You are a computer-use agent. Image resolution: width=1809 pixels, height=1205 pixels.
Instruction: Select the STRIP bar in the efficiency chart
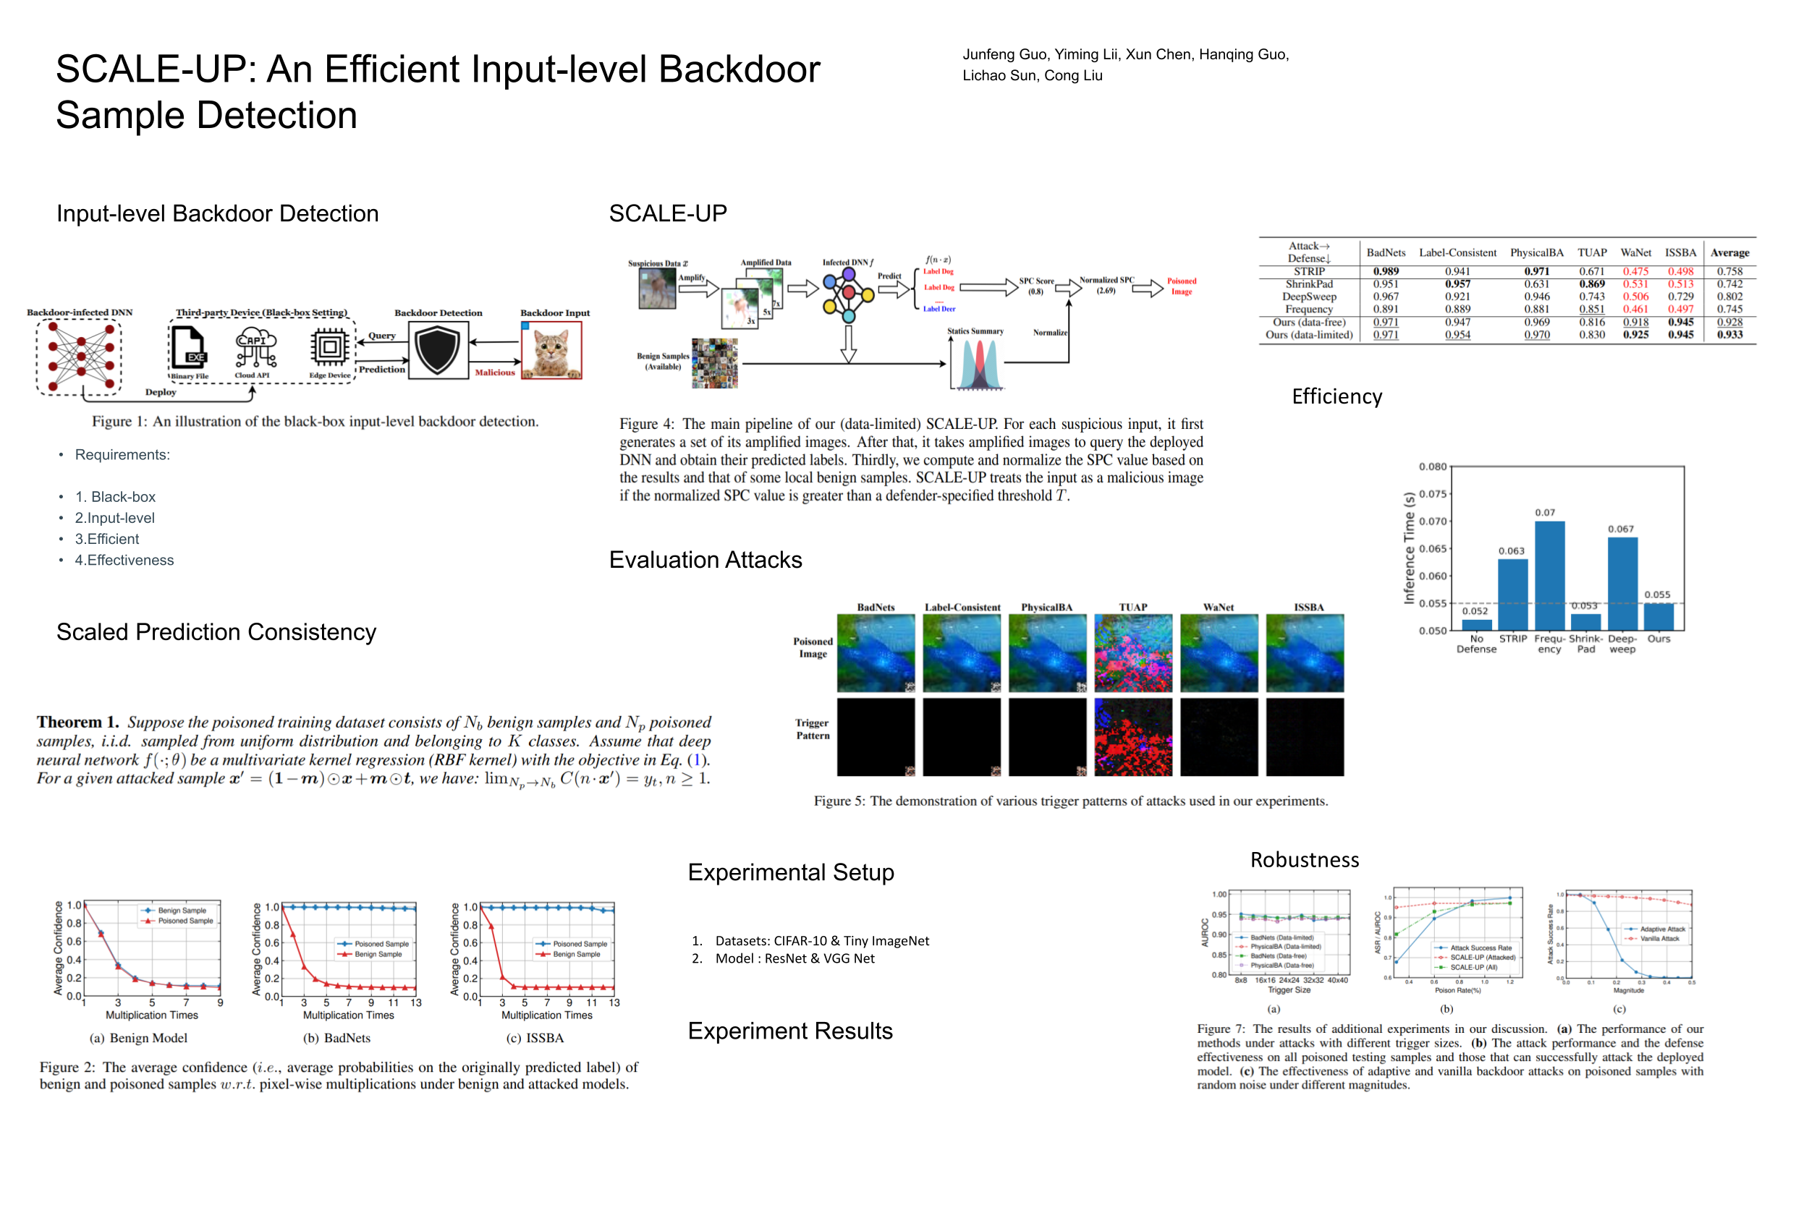pyautogui.click(x=1512, y=593)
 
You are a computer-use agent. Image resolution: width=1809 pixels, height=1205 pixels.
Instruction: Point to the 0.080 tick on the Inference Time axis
pyautogui.click(x=1432, y=467)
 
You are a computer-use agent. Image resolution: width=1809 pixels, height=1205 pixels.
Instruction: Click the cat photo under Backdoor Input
pyautogui.click(x=551, y=349)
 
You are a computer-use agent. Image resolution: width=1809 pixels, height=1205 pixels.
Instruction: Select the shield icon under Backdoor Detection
pyautogui.click(x=438, y=349)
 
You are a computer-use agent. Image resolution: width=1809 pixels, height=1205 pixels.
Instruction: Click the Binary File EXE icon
pyautogui.click(x=188, y=348)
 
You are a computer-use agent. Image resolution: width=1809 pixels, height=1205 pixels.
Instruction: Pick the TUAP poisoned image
pyautogui.click(x=1132, y=652)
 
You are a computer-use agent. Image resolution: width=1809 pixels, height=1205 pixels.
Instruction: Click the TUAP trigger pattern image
pyautogui.click(x=1132, y=736)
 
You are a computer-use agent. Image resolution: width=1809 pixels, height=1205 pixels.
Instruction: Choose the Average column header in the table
pyautogui.click(x=1729, y=253)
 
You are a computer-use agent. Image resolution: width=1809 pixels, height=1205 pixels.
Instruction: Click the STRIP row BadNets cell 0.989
pyautogui.click(x=1386, y=271)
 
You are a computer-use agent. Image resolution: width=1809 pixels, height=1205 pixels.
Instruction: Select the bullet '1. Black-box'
pyautogui.click(x=115, y=496)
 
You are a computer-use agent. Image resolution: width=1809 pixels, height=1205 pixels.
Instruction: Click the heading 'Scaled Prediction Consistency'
pyautogui.click(x=216, y=631)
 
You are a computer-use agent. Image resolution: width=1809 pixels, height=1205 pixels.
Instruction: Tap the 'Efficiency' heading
pyautogui.click(x=1336, y=396)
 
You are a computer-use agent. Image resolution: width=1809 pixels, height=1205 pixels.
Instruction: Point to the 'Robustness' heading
pyautogui.click(x=1304, y=859)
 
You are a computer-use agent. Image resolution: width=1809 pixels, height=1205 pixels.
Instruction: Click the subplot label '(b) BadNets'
pyautogui.click(x=336, y=1037)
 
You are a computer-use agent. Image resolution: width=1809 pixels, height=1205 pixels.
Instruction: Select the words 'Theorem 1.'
pyautogui.click(x=77, y=722)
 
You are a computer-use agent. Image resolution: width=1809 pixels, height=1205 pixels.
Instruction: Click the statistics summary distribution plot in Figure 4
pyautogui.click(x=977, y=365)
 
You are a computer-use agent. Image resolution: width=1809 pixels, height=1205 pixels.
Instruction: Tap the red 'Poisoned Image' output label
pyautogui.click(x=1181, y=286)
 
